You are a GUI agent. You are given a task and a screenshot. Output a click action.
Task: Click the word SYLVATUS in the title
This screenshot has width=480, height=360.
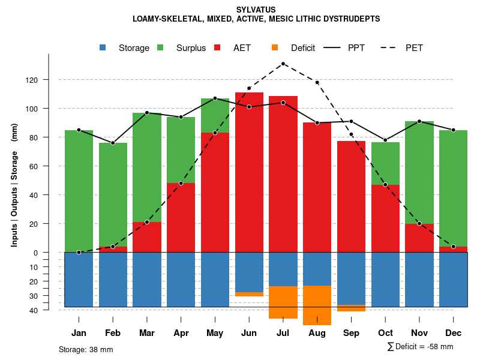click(x=256, y=10)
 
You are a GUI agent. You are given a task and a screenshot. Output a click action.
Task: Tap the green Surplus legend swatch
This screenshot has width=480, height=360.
click(x=161, y=48)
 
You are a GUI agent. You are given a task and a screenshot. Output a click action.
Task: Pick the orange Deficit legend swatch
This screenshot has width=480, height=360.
click(x=275, y=48)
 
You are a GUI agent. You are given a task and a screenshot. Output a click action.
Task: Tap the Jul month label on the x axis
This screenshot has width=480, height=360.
click(x=283, y=333)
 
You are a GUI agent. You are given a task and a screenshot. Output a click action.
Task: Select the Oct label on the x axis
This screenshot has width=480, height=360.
click(x=385, y=333)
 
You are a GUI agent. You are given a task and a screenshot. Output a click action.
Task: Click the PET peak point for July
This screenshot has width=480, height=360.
click(x=283, y=64)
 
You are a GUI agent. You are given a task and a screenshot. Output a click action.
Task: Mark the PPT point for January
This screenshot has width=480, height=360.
click(x=79, y=130)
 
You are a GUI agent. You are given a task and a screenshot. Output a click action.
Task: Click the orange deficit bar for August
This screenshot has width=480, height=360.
click(x=317, y=305)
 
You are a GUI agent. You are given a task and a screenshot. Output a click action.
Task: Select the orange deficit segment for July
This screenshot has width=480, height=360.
click(x=283, y=302)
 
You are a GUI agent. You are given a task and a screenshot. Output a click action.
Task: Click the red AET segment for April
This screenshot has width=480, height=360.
click(x=181, y=217)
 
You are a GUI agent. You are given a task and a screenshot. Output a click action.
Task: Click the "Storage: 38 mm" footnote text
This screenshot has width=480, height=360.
click(x=86, y=349)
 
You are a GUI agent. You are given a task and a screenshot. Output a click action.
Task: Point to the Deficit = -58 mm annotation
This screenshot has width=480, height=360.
click(x=421, y=347)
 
